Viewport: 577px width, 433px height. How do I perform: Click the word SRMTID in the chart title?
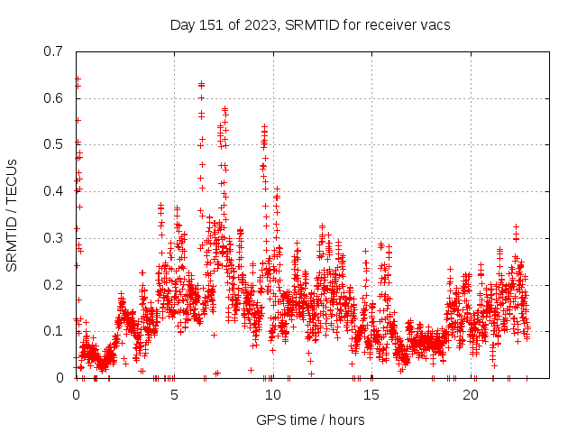(309, 24)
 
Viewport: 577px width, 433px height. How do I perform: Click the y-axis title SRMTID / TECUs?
(13, 215)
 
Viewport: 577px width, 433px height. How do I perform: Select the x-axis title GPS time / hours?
(310, 419)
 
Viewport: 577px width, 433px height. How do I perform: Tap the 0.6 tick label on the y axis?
(53, 97)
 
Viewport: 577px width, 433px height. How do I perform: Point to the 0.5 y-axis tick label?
(53, 144)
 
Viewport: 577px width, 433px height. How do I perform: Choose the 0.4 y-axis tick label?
(53, 191)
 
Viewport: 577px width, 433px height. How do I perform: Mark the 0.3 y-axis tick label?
(53, 238)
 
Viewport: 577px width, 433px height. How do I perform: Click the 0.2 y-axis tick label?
(53, 285)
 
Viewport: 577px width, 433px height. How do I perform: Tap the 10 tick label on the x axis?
(272, 395)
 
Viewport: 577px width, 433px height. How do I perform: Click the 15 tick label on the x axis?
(371, 395)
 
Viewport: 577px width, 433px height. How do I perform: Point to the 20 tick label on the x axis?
(470, 395)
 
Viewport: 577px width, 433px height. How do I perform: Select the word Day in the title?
(183, 24)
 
